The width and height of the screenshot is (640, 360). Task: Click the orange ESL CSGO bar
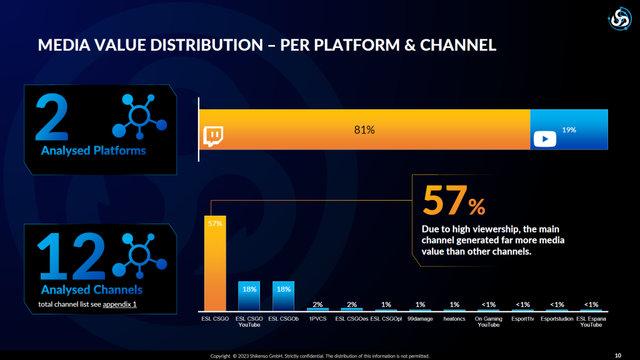[x=215, y=263]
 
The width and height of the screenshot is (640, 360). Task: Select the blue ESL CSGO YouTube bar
[x=249, y=296]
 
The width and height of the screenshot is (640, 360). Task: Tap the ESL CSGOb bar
[x=283, y=296]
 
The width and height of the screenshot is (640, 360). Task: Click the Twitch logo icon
[x=213, y=136]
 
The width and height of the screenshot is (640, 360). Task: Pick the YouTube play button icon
[x=545, y=139]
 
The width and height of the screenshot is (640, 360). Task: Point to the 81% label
[x=364, y=130]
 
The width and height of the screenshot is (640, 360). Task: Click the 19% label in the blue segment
[x=569, y=130]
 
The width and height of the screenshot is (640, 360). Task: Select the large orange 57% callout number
[x=454, y=201]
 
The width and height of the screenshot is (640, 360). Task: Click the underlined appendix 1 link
[x=119, y=304]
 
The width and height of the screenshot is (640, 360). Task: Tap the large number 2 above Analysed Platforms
[x=52, y=117]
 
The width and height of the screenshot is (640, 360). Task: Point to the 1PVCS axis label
[x=317, y=319]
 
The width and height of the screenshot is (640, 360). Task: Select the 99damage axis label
[x=420, y=319]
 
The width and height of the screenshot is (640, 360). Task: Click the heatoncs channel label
[x=454, y=319]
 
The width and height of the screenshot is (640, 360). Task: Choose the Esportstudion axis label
[x=557, y=319]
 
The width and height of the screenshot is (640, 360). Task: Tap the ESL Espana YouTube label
[x=591, y=322]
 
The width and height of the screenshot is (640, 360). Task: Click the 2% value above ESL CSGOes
[x=352, y=304]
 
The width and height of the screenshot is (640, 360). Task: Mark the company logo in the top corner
[x=620, y=19]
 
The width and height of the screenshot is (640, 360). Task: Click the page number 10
[x=618, y=356]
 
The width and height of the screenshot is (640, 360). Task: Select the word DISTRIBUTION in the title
[x=206, y=45]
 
